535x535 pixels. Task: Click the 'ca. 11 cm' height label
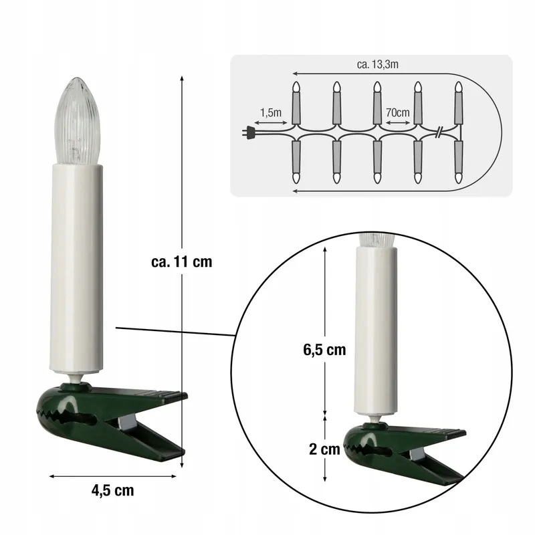(x=181, y=261)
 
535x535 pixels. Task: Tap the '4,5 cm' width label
(x=112, y=490)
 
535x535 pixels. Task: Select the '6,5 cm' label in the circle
(x=324, y=350)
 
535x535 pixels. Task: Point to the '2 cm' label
(x=324, y=449)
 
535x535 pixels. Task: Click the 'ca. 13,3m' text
(x=377, y=64)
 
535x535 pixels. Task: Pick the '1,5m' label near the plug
(x=271, y=112)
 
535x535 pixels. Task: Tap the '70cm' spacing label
(x=397, y=112)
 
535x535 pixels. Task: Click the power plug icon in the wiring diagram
(x=249, y=132)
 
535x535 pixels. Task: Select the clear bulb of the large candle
(x=77, y=121)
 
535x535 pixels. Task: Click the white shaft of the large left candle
(x=76, y=268)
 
